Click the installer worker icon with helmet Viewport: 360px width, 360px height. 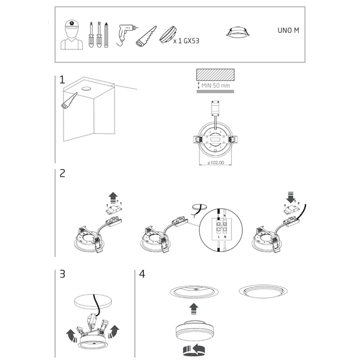click(x=72, y=35)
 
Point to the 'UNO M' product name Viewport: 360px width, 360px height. click(x=288, y=29)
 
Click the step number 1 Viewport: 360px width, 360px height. click(x=62, y=80)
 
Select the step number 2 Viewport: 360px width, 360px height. click(x=62, y=175)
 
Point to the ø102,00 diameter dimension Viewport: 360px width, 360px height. click(x=215, y=162)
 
